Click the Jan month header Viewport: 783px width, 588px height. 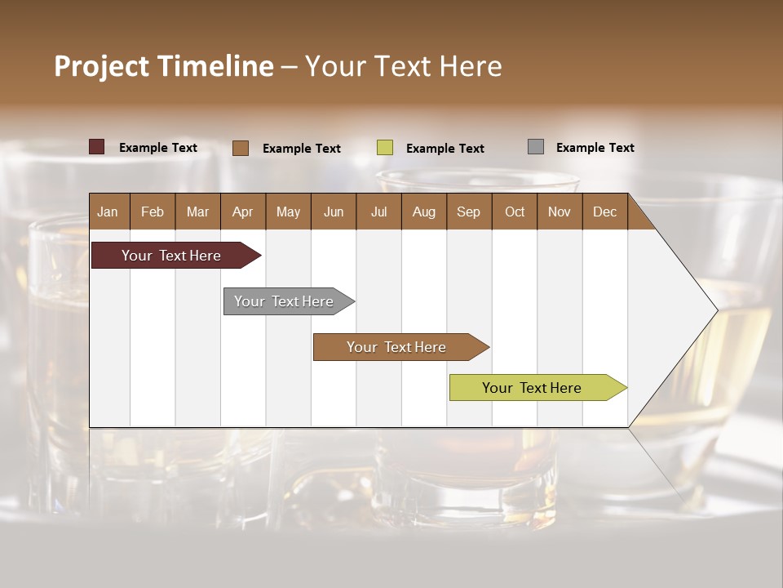click(108, 212)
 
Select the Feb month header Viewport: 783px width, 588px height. click(153, 212)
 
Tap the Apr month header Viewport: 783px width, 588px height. click(242, 212)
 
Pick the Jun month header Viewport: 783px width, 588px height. click(334, 212)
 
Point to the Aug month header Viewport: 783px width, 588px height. click(423, 212)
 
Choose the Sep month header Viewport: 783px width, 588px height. click(468, 212)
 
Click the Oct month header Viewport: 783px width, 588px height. click(515, 212)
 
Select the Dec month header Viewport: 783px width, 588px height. click(604, 212)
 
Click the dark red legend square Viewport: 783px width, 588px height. click(97, 147)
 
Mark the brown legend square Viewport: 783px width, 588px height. click(241, 148)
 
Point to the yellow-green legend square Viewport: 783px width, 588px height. click(385, 148)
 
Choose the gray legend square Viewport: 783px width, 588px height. click(536, 147)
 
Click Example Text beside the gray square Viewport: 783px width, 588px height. click(595, 148)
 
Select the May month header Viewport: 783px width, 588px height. click(288, 212)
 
